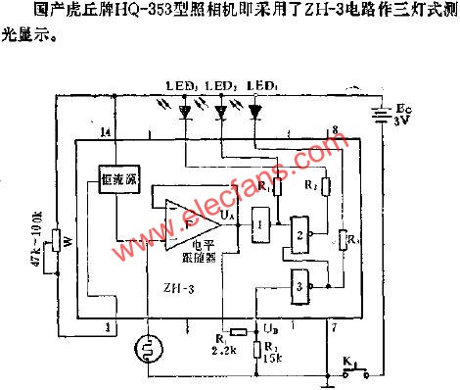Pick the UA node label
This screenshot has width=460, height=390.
coord(228,213)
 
